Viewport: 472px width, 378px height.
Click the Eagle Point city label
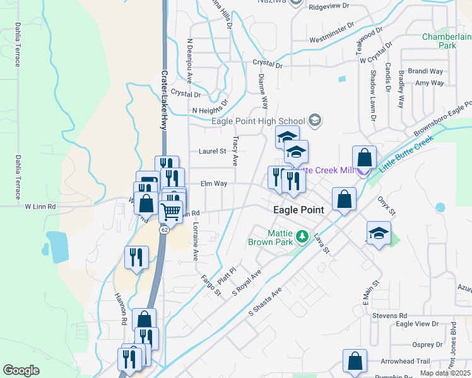coord(298,210)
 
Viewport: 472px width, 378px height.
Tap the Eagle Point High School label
coord(258,121)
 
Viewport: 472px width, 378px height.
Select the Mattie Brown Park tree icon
coord(303,237)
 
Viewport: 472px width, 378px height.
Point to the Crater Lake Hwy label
coord(163,100)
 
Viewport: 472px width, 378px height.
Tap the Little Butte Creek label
coord(406,153)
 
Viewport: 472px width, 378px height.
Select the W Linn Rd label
coord(40,206)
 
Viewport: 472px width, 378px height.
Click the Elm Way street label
coord(213,184)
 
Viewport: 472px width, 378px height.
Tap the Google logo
coord(21,370)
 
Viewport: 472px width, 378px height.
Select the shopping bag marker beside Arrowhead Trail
coord(355,361)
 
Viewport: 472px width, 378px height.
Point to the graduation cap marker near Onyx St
coord(378,234)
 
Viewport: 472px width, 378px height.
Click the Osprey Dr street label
coord(426,345)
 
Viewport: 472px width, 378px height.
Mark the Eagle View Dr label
coord(416,324)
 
